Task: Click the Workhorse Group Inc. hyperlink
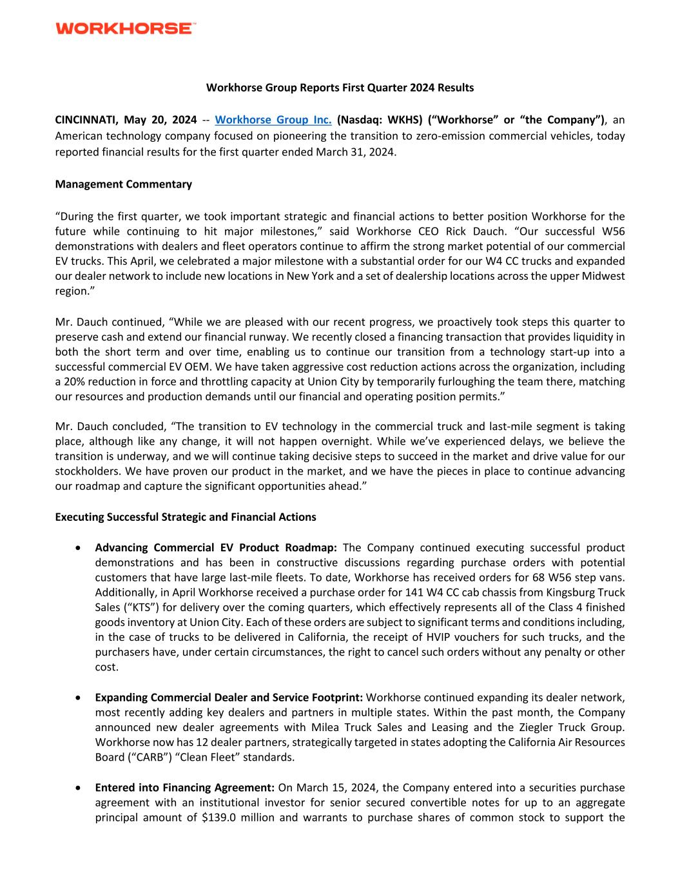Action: (x=273, y=120)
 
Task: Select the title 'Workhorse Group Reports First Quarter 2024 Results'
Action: (x=340, y=88)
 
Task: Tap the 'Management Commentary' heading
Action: (x=123, y=184)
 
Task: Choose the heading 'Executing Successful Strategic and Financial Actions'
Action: (x=186, y=517)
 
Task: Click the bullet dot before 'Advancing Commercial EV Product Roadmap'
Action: (x=78, y=548)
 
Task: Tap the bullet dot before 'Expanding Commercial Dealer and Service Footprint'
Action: (x=78, y=698)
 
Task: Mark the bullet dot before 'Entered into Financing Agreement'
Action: (x=78, y=788)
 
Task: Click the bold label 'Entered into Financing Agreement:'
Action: (x=185, y=788)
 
